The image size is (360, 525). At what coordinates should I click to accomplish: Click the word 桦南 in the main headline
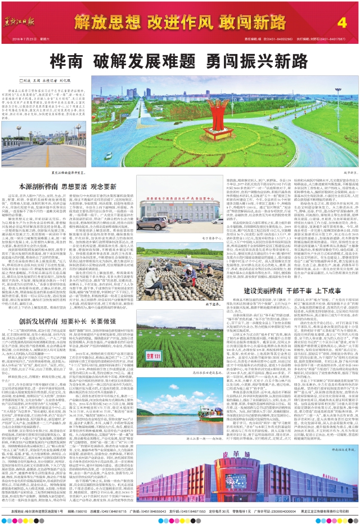tap(66, 60)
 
